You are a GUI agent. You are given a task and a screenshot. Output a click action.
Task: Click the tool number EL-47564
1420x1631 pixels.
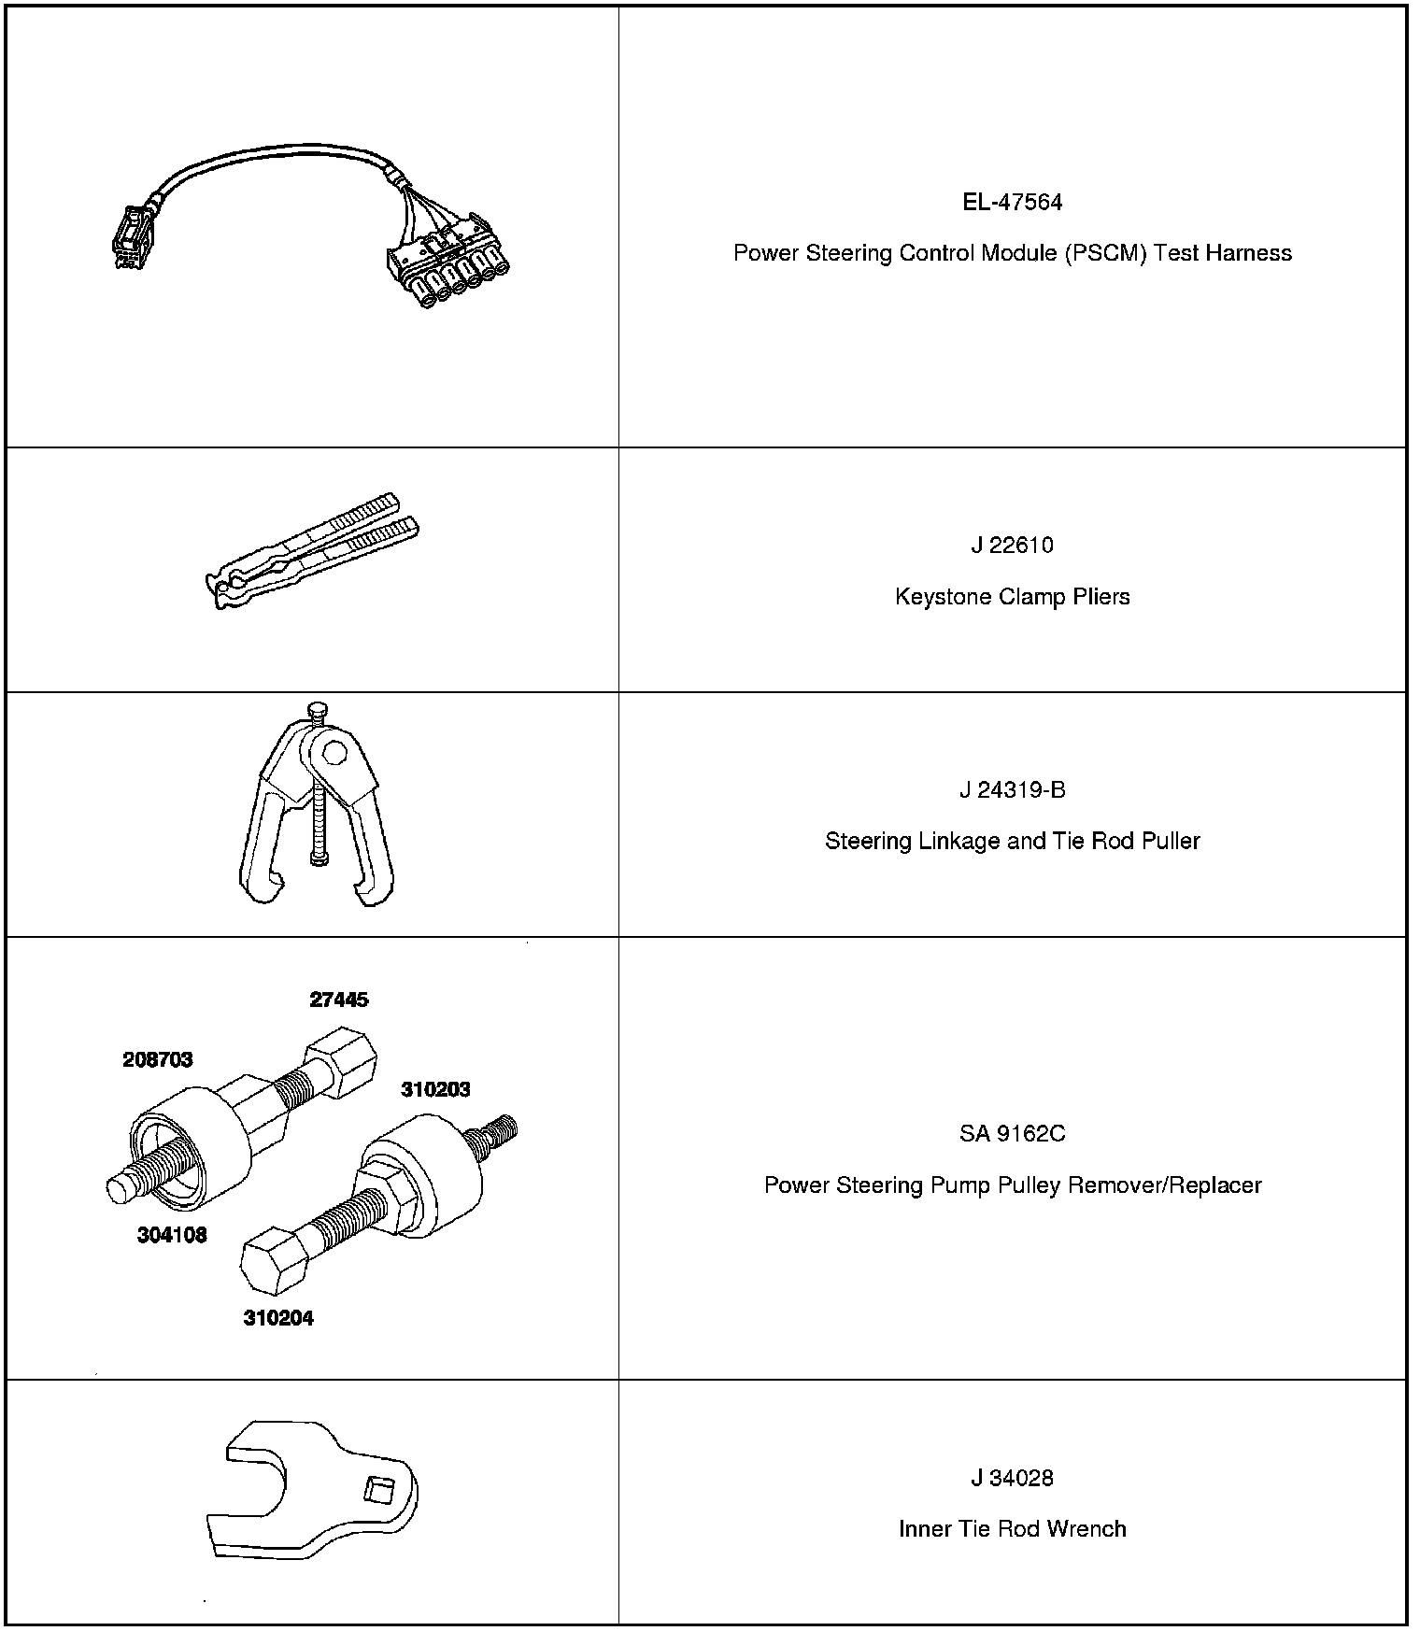click(x=1012, y=203)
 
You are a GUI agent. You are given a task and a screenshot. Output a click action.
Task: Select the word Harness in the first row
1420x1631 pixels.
click(x=1248, y=253)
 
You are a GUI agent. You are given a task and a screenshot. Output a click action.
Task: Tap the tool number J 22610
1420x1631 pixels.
click(x=1012, y=546)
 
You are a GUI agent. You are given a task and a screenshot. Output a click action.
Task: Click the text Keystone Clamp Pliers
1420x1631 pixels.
click(x=1012, y=597)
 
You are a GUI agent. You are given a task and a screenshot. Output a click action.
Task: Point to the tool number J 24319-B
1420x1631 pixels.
click(x=1012, y=790)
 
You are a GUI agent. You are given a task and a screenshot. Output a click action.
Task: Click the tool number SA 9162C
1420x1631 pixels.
click(x=1012, y=1134)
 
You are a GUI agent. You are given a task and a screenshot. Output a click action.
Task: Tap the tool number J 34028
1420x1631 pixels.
click(x=1012, y=1478)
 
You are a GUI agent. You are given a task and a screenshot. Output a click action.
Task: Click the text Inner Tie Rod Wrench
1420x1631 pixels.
click(x=1012, y=1529)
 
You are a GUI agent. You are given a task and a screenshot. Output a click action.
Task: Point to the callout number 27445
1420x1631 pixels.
click(x=339, y=1000)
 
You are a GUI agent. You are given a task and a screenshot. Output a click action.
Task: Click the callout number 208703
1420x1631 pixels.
click(x=158, y=1059)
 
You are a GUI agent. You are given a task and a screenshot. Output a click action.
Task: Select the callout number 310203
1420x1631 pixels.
click(x=435, y=1089)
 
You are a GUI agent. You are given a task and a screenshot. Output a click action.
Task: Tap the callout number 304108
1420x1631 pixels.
click(x=172, y=1235)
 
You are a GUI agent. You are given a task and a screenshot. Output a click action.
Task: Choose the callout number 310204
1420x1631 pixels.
click(x=278, y=1319)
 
